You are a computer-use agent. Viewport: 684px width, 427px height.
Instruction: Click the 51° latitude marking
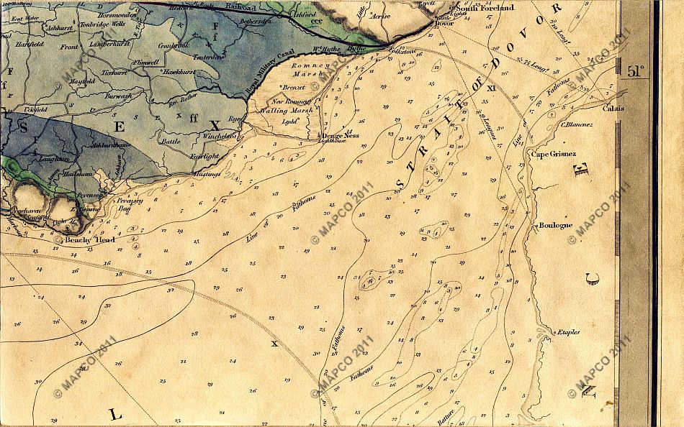point(635,70)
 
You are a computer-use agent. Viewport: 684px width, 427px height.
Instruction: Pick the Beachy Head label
point(89,240)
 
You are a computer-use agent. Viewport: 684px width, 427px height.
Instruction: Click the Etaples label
point(566,331)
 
